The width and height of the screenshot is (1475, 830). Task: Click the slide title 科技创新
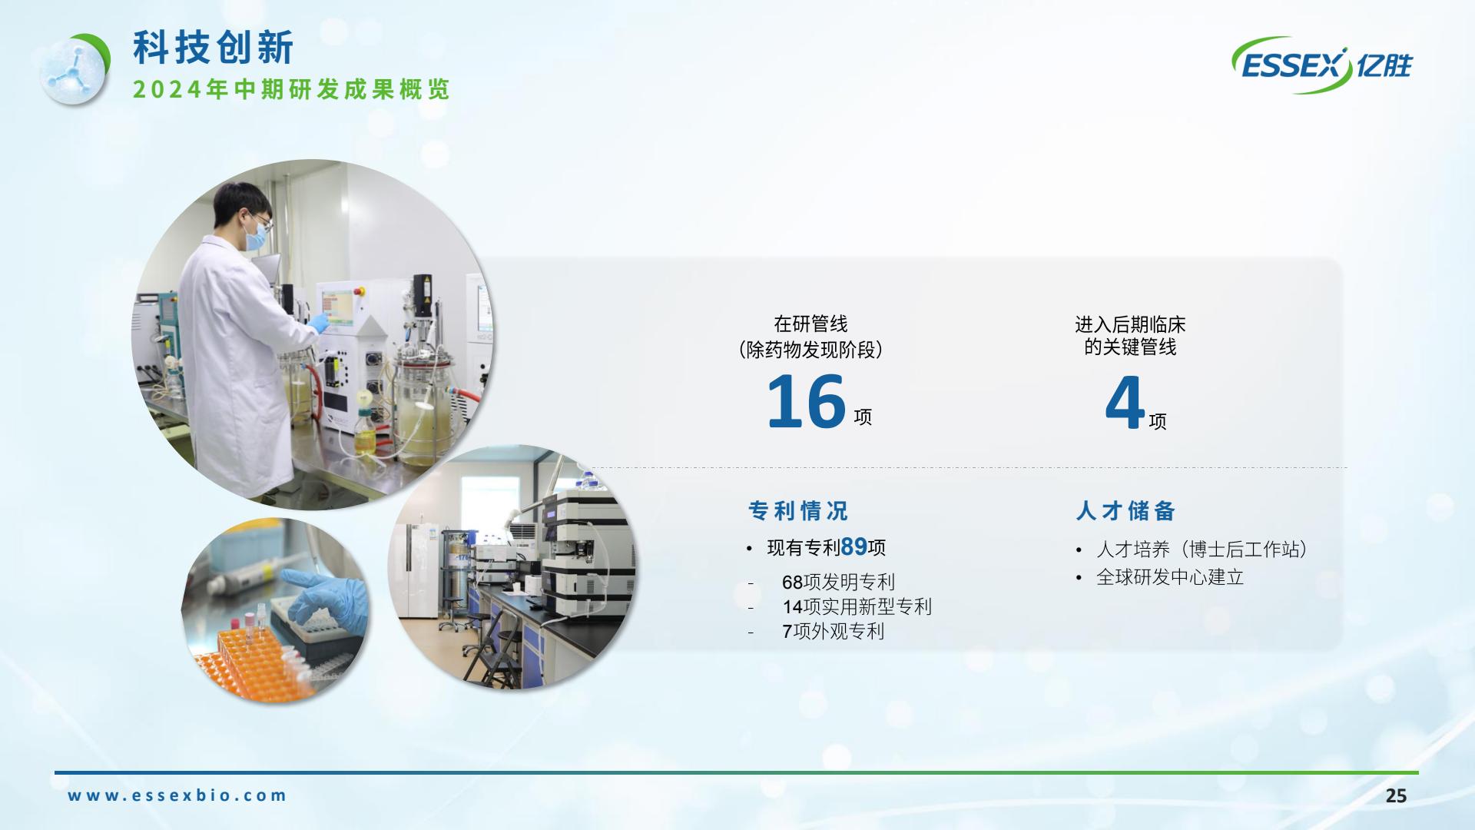tap(213, 48)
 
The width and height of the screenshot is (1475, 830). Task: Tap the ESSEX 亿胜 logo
tap(1321, 65)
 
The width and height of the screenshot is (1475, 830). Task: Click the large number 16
tap(806, 400)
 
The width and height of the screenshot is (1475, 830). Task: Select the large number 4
tap(1125, 402)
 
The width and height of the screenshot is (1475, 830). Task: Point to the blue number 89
tap(854, 546)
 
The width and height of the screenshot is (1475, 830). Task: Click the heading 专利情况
tap(798, 511)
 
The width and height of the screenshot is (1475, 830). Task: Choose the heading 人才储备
tap(1125, 511)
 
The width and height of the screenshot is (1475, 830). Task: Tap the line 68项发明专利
tap(838, 582)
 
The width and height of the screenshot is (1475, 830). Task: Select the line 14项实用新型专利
tap(857, 606)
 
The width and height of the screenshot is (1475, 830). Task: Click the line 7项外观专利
tap(833, 631)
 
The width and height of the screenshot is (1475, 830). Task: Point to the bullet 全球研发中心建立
tap(1170, 577)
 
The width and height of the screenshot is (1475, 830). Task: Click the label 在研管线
tap(810, 324)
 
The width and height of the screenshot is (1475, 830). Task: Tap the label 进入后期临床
tap(1130, 324)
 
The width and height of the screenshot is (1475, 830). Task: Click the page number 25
tap(1396, 795)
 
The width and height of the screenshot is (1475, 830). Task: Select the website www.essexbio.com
tap(177, 795)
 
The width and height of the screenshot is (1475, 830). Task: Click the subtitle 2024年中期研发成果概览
tap(291, 89)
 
